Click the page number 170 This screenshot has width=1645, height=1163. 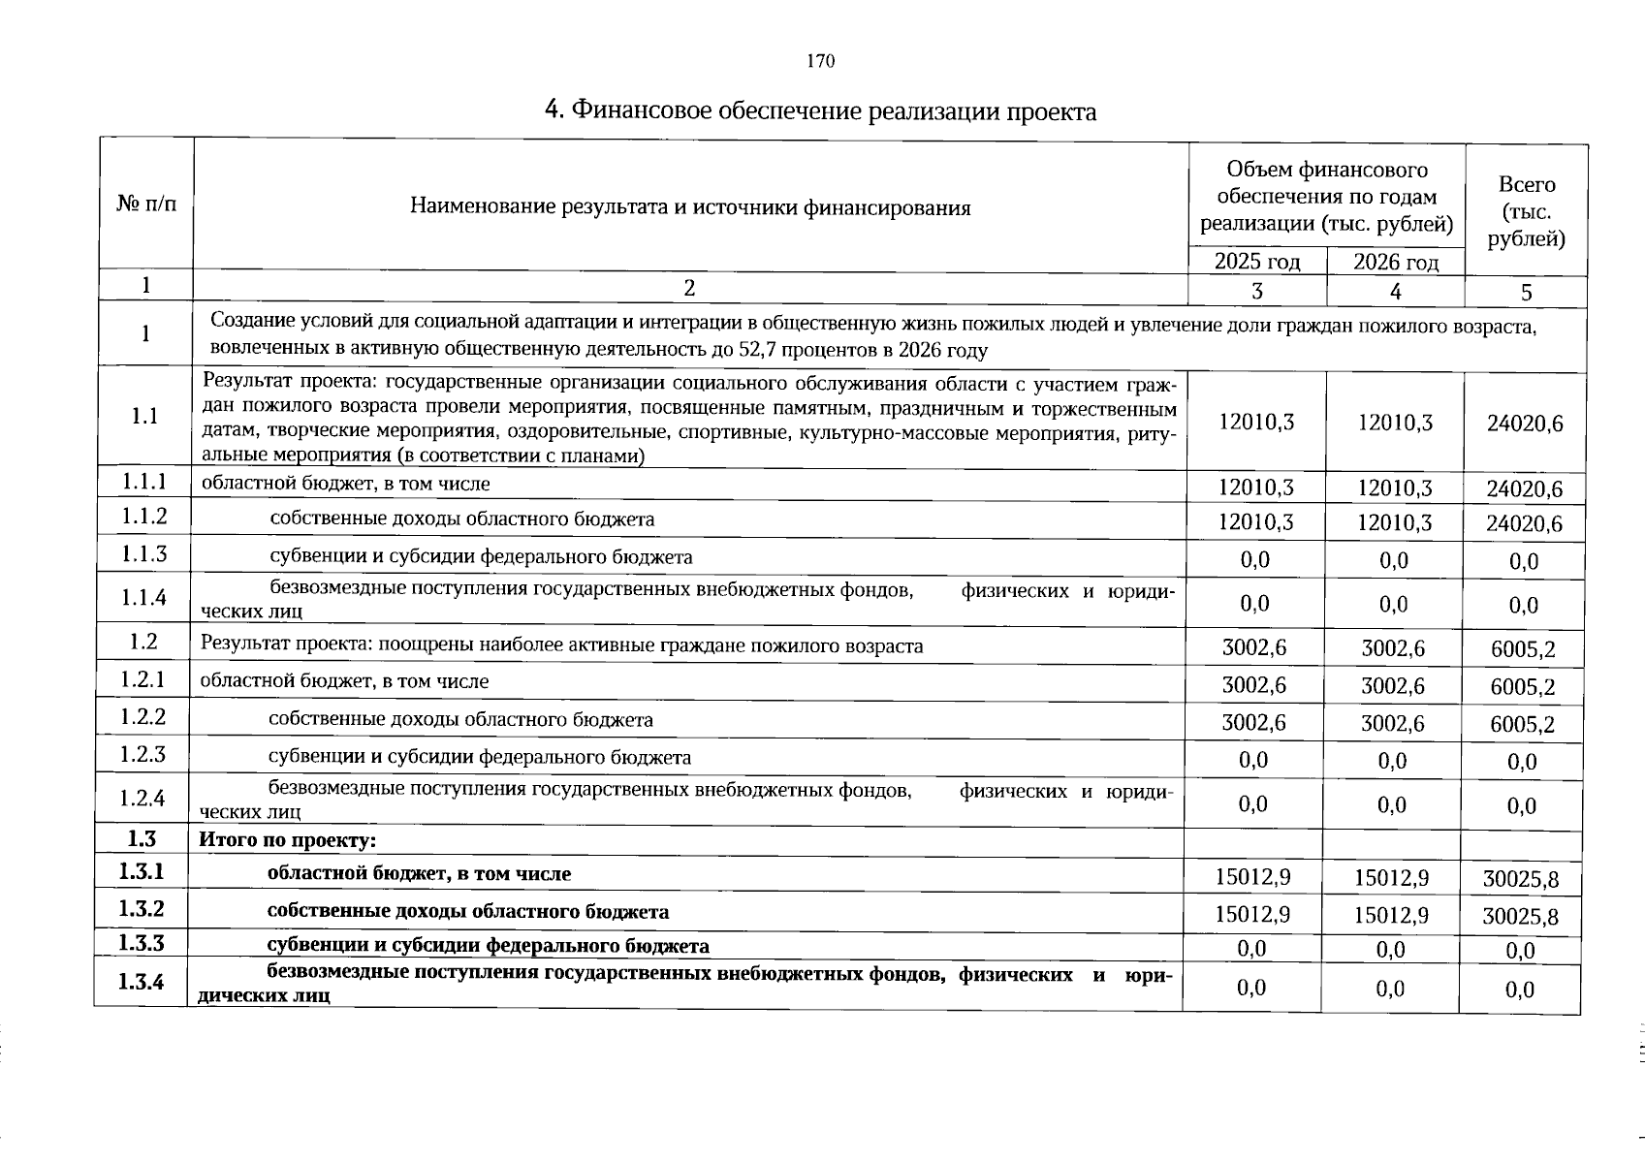coord(820,62)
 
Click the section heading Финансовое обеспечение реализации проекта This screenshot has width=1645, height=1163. coord(820,111)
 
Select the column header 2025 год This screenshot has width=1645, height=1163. coord(1257,262)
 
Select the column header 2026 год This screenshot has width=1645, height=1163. coord(1395,262)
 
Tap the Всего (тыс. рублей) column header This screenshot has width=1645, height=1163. coord(1526,211)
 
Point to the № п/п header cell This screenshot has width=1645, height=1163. coord(146,204)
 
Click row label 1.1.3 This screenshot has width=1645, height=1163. coord(144,554)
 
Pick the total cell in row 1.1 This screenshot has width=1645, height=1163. coord(1525,424)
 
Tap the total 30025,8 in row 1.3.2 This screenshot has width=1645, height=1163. coord(1520,917)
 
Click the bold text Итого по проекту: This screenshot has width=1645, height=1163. coord(287,839)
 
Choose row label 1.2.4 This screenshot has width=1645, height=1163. coord(142,799)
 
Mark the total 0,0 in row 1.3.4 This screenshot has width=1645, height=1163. coord(1520,990)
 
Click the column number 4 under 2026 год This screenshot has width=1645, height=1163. coord(1395,292)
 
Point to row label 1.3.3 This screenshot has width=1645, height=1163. coord(142,943)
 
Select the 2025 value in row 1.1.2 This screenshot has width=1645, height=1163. coord(1255,522)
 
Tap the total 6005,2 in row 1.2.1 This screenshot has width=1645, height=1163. coord(1523,687)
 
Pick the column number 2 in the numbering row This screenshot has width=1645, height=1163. coord(689,288)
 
